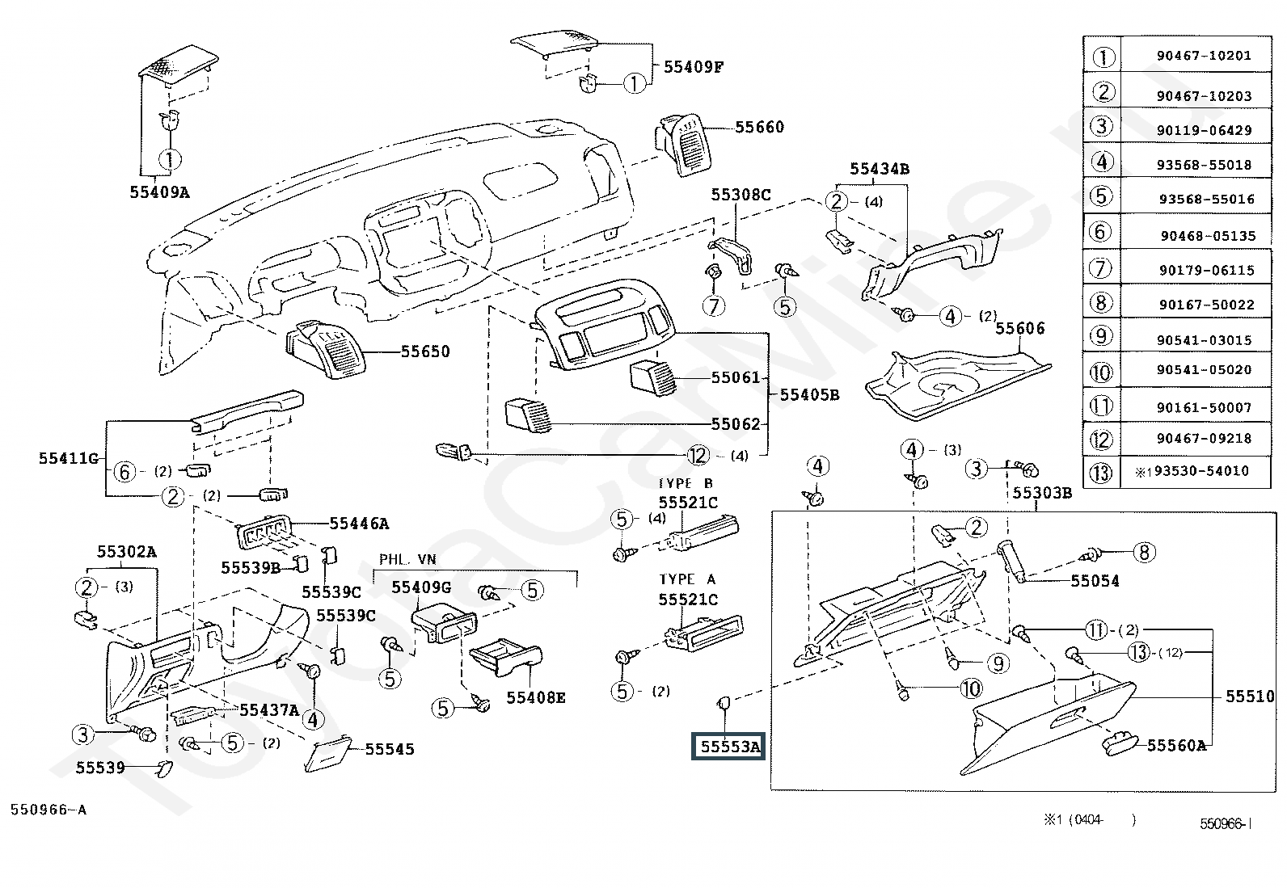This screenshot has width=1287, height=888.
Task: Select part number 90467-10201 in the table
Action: pyautogui.click(x=1203, y=56)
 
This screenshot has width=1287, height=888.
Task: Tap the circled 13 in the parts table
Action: pyautogui.click(x=1102, y=472)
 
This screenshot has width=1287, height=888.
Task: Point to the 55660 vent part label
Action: pyautogui.click(x=759, y=127)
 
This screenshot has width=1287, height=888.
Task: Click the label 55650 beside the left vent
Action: pyautogui.click(x=425, y=351)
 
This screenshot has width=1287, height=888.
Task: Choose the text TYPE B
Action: pyautogui.click(x=686, y=483)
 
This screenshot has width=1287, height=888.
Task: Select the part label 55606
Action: pyautogui.click(x=1019, y=328)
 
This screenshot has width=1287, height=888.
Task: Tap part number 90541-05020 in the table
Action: pyautogui.click(x=1203, y=369)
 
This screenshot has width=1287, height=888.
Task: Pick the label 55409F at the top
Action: pyautogui.click(x=693, y=67)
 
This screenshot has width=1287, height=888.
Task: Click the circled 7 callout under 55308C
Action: pyautogui.click(x=714, y=305)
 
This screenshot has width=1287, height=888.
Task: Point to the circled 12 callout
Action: pyautogui.click(x=698, y=456)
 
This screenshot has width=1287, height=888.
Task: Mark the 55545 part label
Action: pyautogui.click(x=389, y=749)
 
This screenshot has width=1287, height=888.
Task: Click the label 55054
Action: pyautogui.click(x=1095, y=580)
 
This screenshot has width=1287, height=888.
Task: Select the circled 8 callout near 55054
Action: pyautogui.click(x=1144, y=553)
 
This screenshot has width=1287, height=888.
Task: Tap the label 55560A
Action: pyautogui.click(x=1176, y=746)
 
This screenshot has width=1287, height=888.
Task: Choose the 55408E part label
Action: pyautogui.click(x=536, y=697)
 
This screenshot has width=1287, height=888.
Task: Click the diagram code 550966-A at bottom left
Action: pyautogui.click(x=48, y=809)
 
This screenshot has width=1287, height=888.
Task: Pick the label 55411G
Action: pyautogui.click(x=68, y=458)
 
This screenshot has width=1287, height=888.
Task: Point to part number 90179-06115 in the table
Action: pyautogui.click(x=1205, y=271)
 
